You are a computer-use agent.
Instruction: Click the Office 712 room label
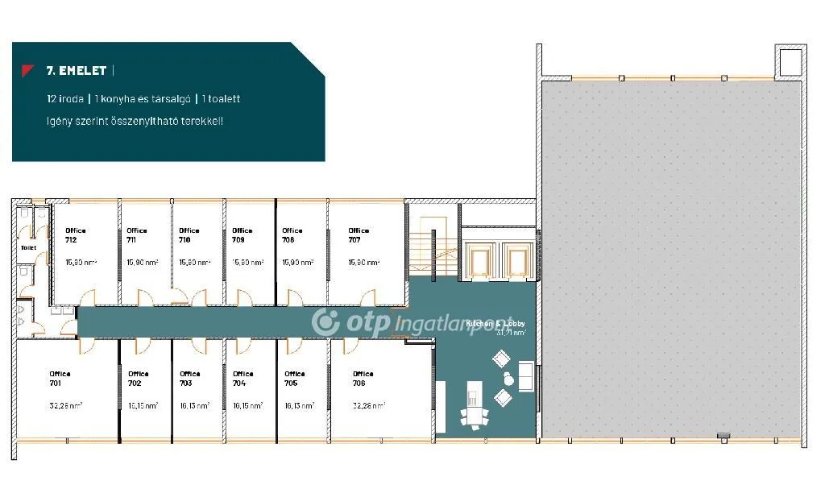point(76,235)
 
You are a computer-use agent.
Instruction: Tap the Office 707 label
point(359,235)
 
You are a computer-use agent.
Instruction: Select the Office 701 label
point(60,379)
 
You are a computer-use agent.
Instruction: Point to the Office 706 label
point(363,379)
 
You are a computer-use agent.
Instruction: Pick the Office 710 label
point(189,235)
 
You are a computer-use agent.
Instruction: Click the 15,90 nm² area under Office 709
point(242,262)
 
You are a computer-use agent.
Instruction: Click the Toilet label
point(29,247)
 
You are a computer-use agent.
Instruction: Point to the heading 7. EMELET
point(77,71)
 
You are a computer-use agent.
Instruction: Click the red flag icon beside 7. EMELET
point(28,70)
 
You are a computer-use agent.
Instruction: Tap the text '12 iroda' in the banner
point(65,99)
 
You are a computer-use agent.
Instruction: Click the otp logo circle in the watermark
point(325,321)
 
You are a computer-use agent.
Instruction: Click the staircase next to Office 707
point(431,242)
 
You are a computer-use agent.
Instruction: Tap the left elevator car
point(481,260)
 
